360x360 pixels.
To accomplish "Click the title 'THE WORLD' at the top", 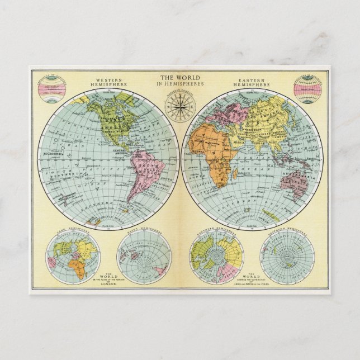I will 180,78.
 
